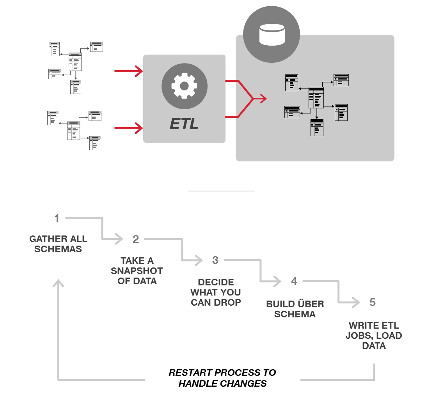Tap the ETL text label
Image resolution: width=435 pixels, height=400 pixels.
coord(184,123)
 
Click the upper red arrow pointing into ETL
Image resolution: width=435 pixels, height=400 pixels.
coord(129,71)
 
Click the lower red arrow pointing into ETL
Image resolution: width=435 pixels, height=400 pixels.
coord(129,128)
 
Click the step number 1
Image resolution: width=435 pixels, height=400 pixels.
coord(57,218)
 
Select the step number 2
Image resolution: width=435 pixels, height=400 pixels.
coord(136,239)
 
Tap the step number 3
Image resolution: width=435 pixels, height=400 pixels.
coord(215,260)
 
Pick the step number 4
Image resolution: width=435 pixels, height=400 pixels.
coord(294,281)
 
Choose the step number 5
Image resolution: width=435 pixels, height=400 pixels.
coord(373,302)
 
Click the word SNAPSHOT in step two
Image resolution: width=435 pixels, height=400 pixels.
coord(137,271)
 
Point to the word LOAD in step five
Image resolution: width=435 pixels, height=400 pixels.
coord(388,336)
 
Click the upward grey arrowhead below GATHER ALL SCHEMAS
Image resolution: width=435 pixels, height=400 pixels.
coord(59,283)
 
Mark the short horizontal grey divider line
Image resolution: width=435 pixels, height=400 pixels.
coord(221,191)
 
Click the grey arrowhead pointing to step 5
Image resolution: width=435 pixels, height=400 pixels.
coord(355,303)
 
